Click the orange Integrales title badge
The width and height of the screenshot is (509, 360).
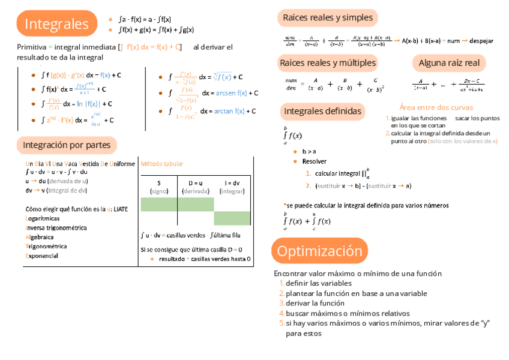tap(57, 24)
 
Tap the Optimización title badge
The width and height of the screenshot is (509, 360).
tap(319, 251)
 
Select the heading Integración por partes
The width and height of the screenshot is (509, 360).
tap(66, 145)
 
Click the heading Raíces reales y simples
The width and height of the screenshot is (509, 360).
tap(327, 18)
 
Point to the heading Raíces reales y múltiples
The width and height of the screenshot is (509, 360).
tap(327, 62)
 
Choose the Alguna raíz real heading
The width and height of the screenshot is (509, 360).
tap(448, 62)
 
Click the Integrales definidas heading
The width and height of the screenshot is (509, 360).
tap(322, 111)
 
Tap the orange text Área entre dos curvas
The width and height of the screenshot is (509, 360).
tap(436, 107)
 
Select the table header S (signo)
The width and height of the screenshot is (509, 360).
tap(159, 187)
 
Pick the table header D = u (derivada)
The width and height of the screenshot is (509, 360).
tap(196, 187)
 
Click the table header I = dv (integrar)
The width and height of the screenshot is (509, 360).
tap(232, 187)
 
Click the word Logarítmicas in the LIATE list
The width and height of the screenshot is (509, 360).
tap(42, 218)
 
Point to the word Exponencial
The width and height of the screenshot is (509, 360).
tap(41, 256)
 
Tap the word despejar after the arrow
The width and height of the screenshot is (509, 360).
tap(481, 41)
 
